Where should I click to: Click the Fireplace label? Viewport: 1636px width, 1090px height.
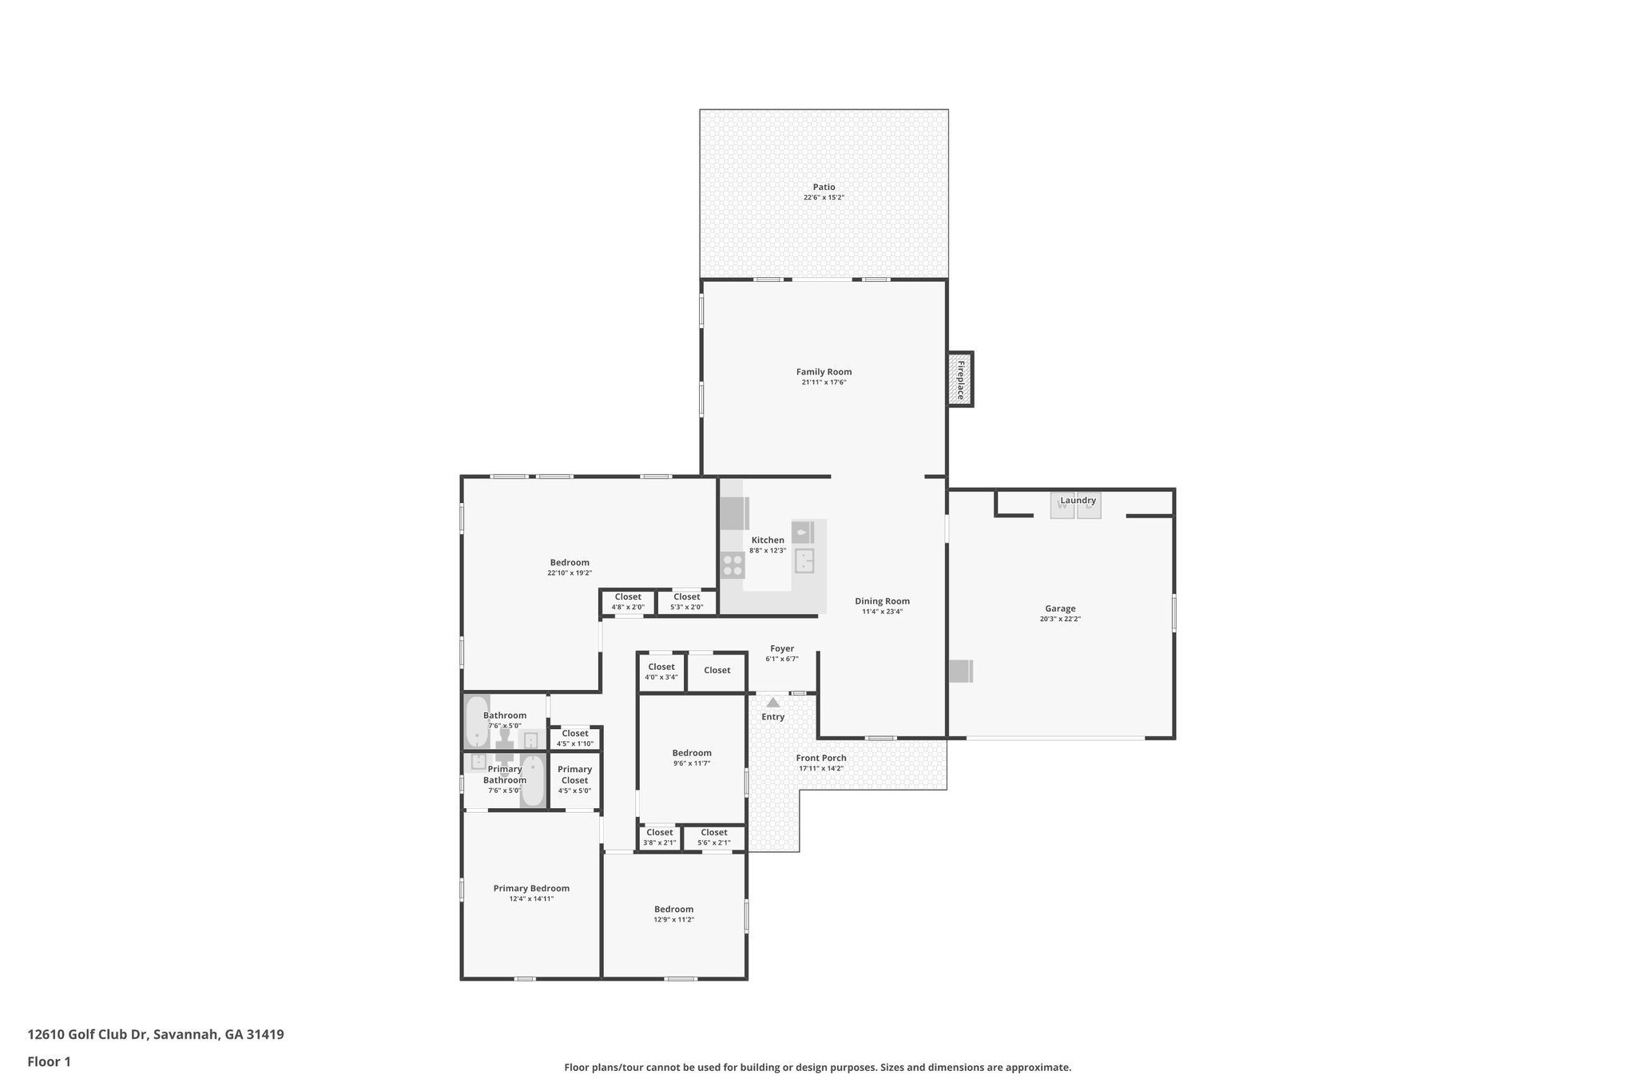tap(960, 379)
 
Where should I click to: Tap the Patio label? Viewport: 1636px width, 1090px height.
tap(824, 187)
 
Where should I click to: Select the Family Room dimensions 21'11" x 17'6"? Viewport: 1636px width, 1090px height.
tap(824, 382)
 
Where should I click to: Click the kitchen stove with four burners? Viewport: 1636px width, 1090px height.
tap(733, 565)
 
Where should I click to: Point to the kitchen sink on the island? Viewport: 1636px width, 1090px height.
tap(804, 560)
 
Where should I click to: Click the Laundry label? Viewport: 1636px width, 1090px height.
tap(1078, 501)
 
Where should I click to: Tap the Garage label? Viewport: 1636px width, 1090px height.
tap(1060, 608)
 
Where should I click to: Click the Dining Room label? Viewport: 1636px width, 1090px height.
tap(882, 601)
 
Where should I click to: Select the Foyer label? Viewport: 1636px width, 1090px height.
tap(781, 648)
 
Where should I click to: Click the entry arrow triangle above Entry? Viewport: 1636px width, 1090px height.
tap(772, 703)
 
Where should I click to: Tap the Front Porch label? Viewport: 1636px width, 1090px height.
tap(820, 758)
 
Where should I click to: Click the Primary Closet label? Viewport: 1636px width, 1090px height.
tap(574, 775)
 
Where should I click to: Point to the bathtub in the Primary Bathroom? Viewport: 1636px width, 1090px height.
tap(532, 780)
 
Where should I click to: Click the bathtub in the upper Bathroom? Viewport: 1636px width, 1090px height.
tap(477, 721)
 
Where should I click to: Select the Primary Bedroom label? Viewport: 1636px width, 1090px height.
tap(531, 888)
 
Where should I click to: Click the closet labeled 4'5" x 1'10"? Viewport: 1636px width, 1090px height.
tap(574, 738)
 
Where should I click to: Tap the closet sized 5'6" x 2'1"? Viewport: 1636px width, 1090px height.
tap(713, 837)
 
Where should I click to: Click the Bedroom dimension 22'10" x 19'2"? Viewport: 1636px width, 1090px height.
tap(570, 573)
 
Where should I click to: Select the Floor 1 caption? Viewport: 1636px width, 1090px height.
tap(49, 1061)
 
